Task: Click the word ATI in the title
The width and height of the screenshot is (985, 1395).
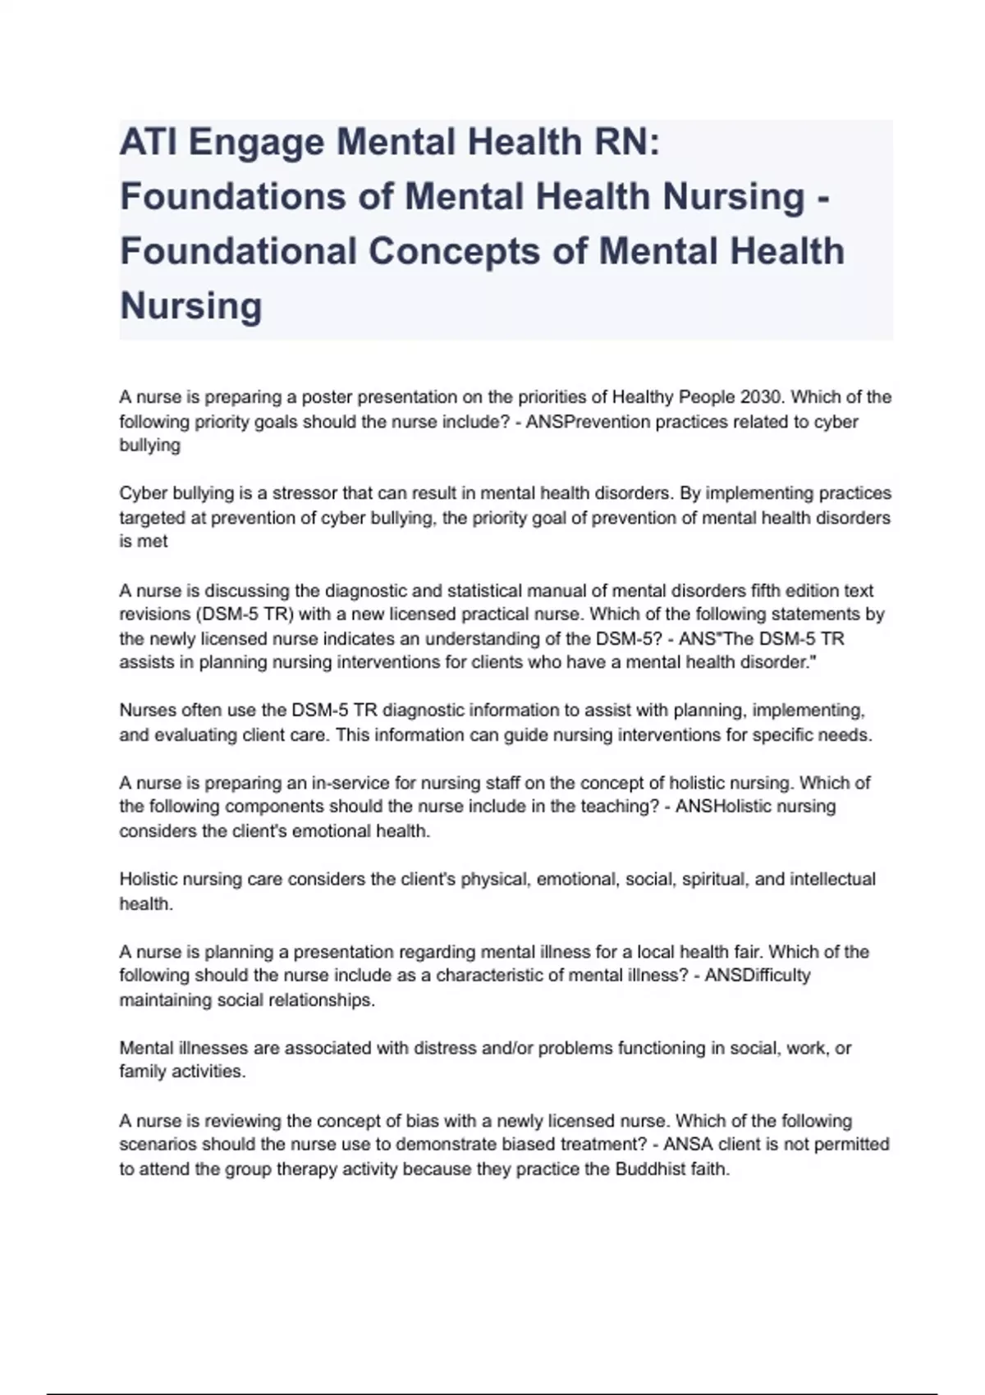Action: click(147, 142)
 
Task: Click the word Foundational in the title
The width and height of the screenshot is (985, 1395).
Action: click(238, 251)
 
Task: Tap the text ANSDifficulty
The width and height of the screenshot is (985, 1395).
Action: click(757, 976)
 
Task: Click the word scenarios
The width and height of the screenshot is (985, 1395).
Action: click(154, 1145)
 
